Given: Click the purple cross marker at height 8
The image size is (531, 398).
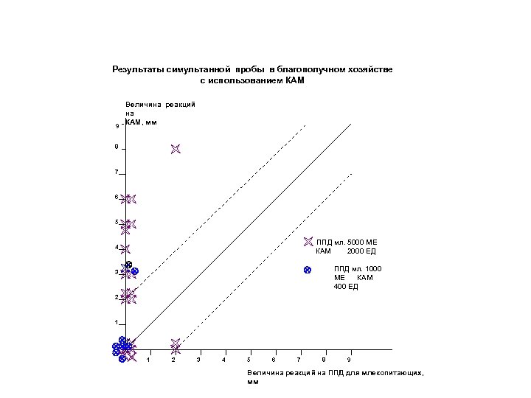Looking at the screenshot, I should pyautogui.click(x=175, y=149).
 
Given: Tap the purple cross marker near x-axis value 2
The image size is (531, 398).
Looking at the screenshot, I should pyautogui.click(x=175, y=344).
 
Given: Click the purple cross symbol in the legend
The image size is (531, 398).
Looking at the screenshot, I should pyautogui.click(x=308, y=242).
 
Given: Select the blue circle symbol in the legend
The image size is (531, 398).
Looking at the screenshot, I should pyautogui.click(x=308, y=270).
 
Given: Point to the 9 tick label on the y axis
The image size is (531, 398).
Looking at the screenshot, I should pyautogui.click(x=117, y=127).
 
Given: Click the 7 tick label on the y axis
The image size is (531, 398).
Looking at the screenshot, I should pyautogui.click(x=116, y=172).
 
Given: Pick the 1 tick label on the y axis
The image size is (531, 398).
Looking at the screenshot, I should pyautogui.click(x=116, y=323).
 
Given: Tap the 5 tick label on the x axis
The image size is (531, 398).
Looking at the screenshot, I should pyautogui.click(x=249, y=359).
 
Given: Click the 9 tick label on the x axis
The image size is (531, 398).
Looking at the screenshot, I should pyautogui.click(x=350, y=359).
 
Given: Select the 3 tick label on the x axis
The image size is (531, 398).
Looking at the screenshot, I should pyautogui.click(x=198, y=359).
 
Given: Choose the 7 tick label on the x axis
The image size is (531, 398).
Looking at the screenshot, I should pyautogui.click(x=299, y=359).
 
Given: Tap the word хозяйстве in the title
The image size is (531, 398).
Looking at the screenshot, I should pyautogui.click(x=370, y=69).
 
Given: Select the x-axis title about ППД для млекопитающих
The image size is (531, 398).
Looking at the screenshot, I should pyautogui.click(x=336, y=377).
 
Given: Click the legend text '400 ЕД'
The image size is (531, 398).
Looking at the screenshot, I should pyautogui.click(x=345, y=286).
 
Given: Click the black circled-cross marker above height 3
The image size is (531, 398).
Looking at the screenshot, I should pyautogui.click(x=128, y=265).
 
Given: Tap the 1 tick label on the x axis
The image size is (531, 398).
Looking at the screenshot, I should pyautogui.click(x=148, y=359).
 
